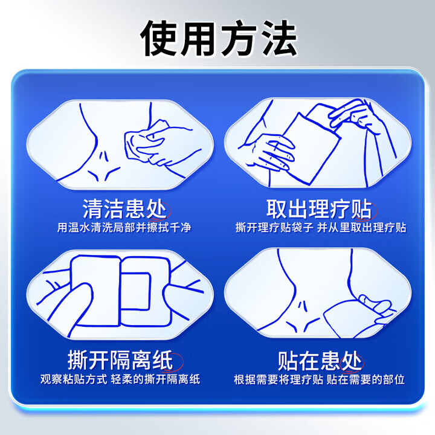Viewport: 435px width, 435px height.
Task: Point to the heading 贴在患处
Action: tap(318, 360)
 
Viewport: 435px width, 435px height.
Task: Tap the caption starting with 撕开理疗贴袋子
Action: tap(320, 228)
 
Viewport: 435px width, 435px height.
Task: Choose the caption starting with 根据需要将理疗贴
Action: tap(320, 380)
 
